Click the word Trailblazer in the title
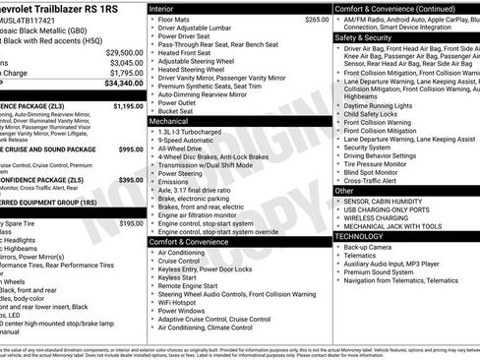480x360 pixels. [x=64, y=7]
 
